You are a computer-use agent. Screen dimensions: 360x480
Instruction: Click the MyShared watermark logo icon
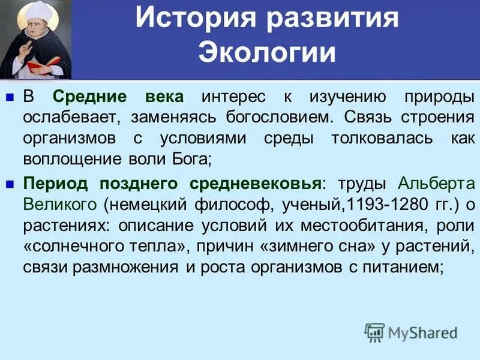[374, 331]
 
